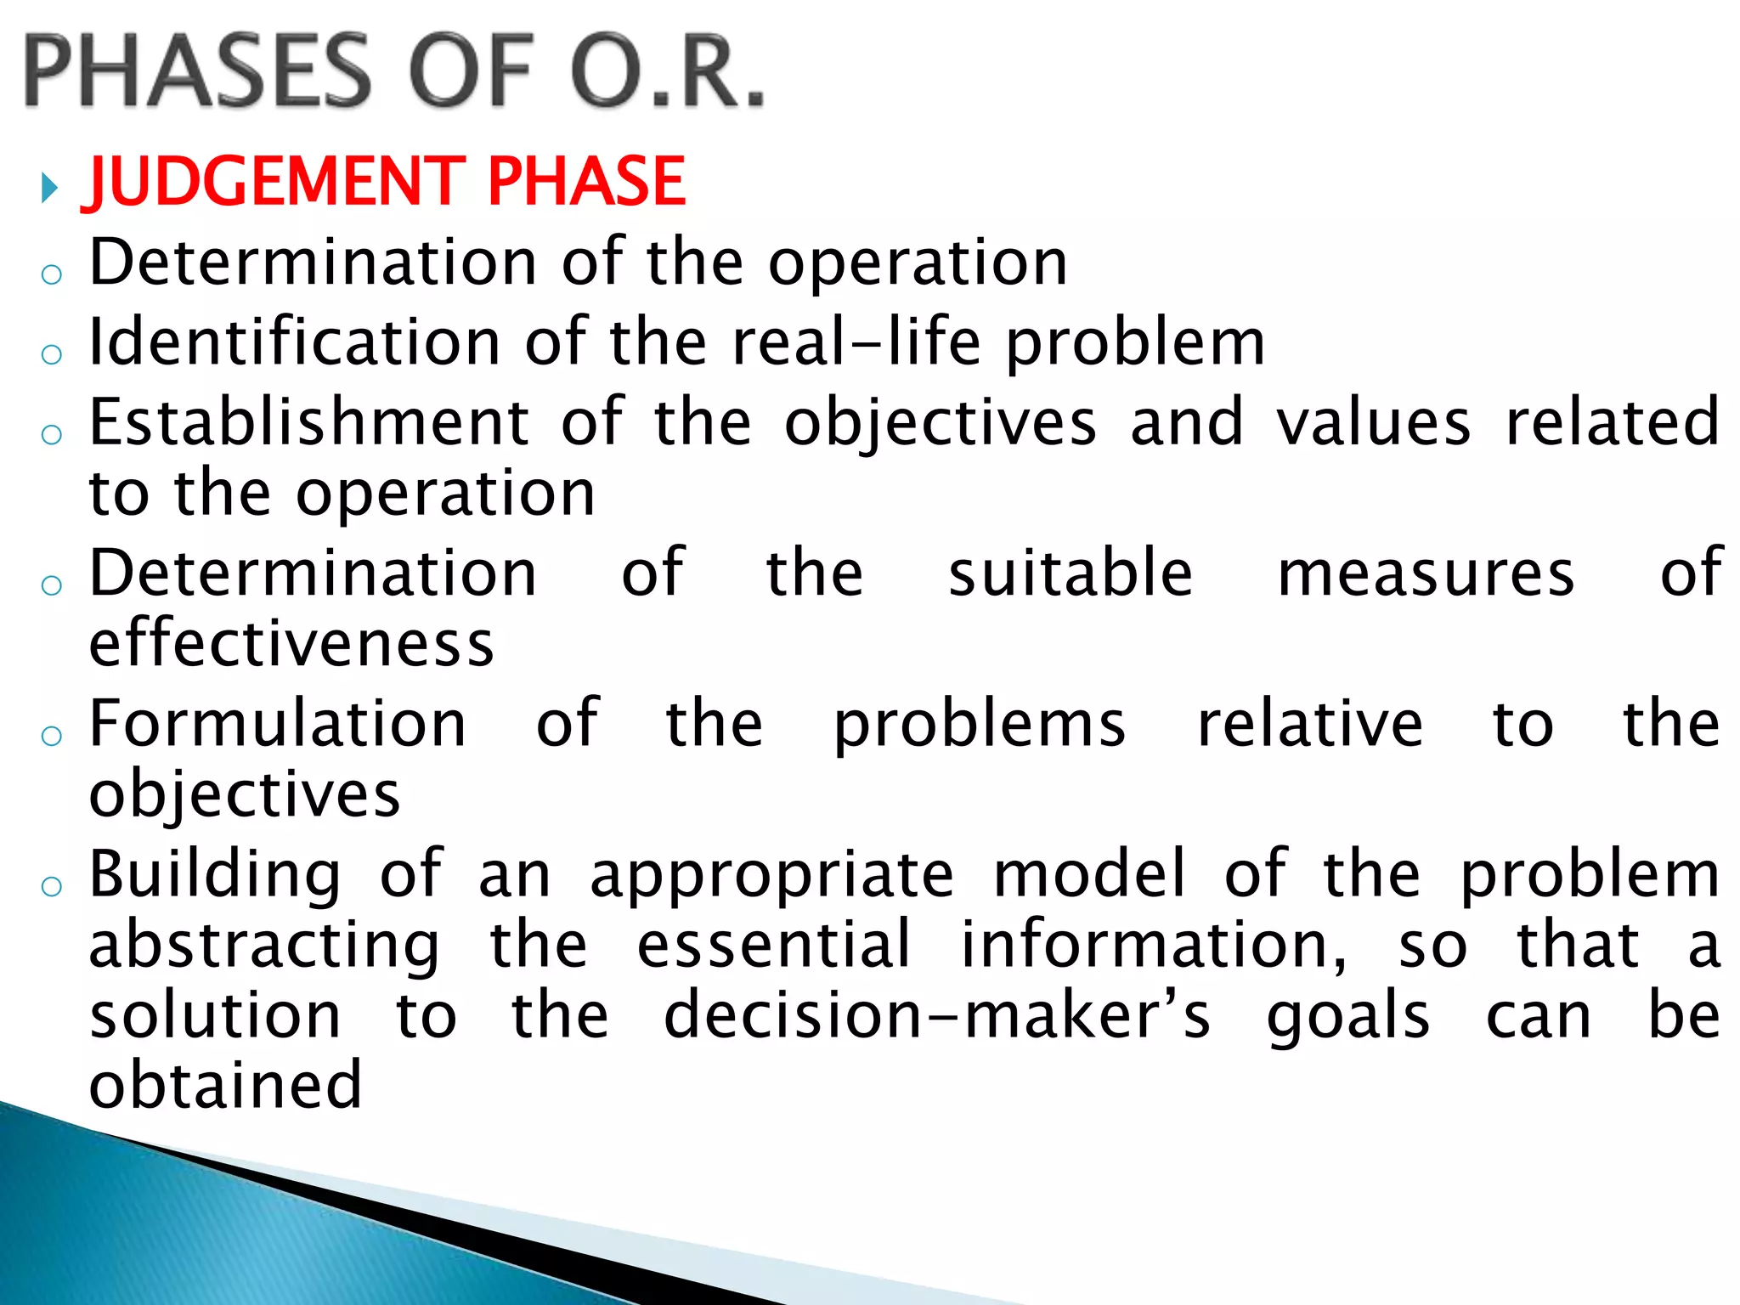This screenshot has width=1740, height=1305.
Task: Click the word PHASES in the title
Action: tap(197, 71)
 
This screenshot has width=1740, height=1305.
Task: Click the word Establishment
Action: tap(310, 422)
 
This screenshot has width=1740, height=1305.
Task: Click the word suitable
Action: tap(1071, 573)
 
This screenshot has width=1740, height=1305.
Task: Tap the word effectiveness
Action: tap(291, 643)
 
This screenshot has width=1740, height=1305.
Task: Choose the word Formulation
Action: tap(278, 724)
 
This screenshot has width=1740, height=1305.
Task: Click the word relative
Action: tap(1309, 724)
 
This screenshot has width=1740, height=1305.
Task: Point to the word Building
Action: tap(215, 875)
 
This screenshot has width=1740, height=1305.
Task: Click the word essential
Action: tap(774, 945)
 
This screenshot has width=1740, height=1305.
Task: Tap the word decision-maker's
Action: tap(936, 1016)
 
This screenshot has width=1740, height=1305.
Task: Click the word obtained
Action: tap(226, 1085)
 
